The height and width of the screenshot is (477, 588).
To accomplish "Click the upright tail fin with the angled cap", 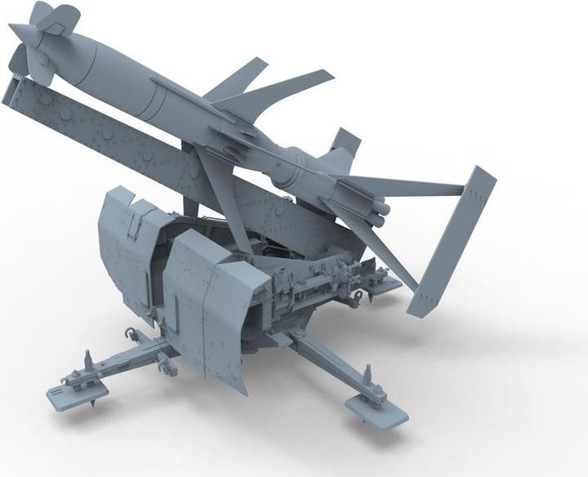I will tap(343, 144).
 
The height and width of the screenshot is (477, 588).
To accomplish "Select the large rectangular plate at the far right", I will tap(452, 240).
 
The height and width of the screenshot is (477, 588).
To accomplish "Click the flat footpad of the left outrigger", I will tap(69, 399).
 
